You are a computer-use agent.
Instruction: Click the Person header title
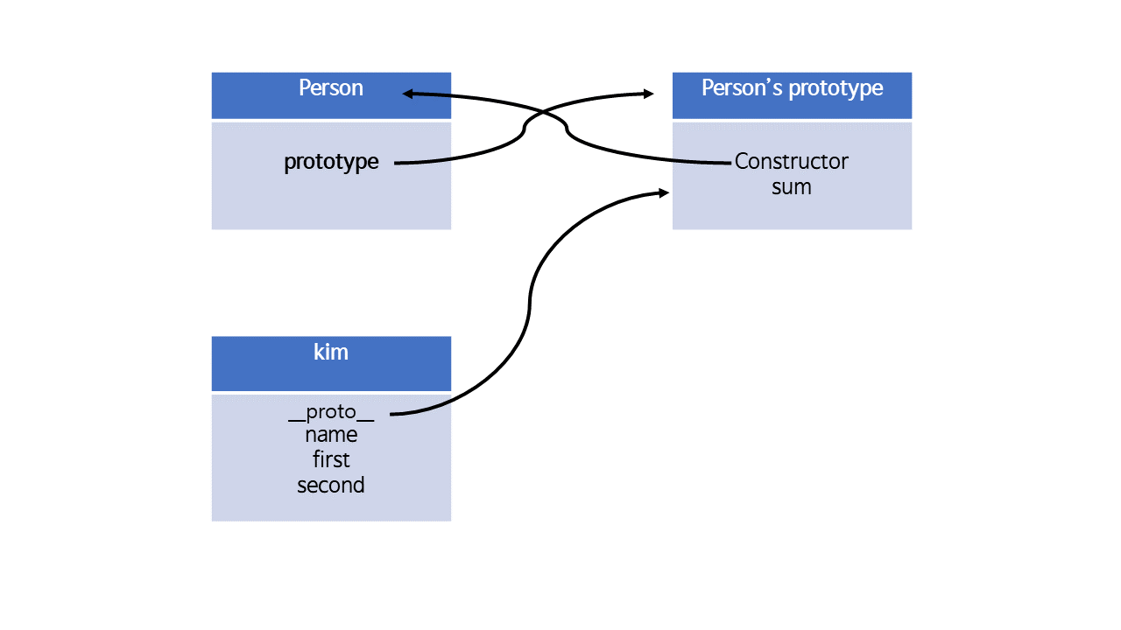tap(331, 88)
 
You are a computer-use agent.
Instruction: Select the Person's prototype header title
tap(792, 88)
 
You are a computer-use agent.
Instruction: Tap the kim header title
tap(331, 352)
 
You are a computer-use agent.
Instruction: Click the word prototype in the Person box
tap(331, 162)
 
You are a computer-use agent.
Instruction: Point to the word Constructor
tap(792, 161)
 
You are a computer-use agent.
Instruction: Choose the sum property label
tap(792, 186)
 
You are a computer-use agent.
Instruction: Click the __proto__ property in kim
tap(331, 412)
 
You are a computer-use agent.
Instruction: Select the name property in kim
tap(331, 435)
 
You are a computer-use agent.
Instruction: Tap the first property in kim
tap(331, 459)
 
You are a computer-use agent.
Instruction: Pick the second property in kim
tap(331, 485)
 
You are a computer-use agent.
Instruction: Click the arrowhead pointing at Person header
tap(408, 94)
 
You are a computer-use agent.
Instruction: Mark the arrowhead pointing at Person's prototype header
tap(648, 94)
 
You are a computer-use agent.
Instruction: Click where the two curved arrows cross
tap(545, 115)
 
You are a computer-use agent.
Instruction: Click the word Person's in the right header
tap(734, 88)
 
